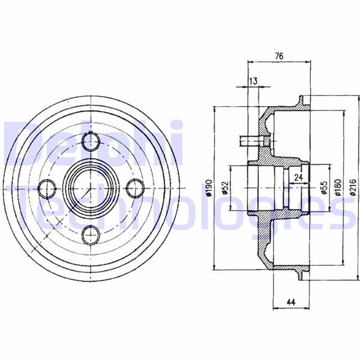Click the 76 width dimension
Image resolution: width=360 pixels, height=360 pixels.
coord(279,56)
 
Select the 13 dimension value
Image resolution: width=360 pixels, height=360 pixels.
coord(253,81)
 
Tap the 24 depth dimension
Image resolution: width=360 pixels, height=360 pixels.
coord(298,177)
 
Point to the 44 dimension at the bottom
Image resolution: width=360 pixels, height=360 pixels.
coord(291,302)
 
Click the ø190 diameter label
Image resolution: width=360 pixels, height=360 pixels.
coord(209,188)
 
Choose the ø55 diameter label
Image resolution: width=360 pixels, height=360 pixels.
coord(324,188)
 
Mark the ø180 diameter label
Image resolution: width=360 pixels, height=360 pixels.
coord(338,188)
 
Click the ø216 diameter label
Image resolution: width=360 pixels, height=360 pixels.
coord(354,188)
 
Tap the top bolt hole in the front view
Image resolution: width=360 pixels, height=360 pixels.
coord(91,141)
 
